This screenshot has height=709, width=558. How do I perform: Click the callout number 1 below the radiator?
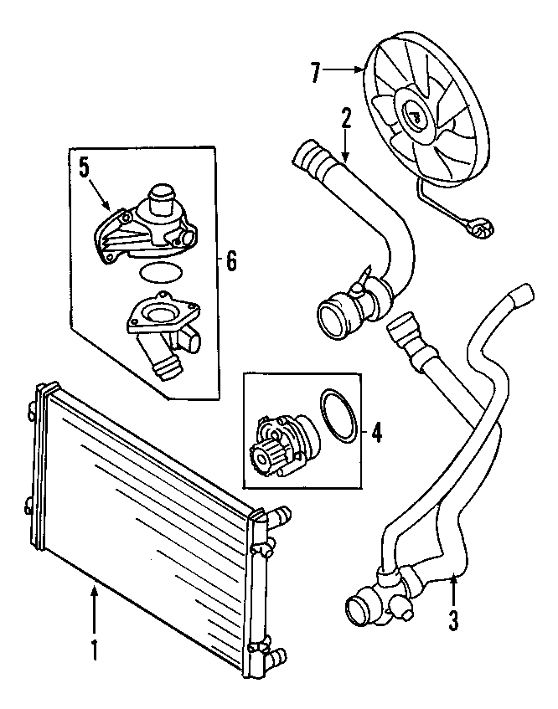point(94,650)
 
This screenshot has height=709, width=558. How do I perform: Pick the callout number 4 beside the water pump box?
point(376,433)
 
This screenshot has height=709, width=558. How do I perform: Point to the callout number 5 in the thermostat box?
point(85,168)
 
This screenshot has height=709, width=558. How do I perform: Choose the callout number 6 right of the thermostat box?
point(231,261)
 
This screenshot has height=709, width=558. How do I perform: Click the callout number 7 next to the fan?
point(316,73)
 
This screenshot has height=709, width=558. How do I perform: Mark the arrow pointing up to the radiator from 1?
point(94,609)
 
